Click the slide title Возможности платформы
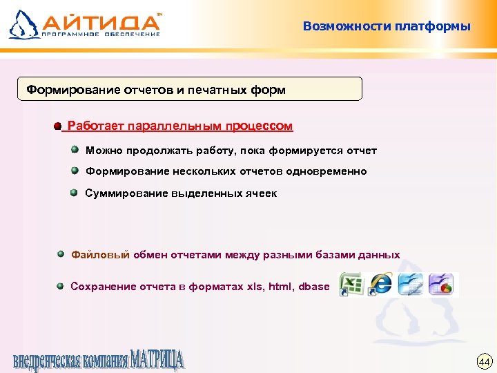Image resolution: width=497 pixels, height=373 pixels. (x=387, y=27)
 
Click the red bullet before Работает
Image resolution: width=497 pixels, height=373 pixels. (x=57, y=126)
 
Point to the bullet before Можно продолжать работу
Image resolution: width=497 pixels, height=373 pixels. (x=74, y=149)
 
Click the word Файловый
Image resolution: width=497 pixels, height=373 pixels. (x=101, y=254)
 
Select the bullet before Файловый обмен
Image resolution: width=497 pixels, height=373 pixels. (x=61, y=254)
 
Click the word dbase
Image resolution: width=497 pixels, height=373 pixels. (x=315, y=286)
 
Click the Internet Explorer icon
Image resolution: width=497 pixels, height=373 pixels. (x=380, y=284)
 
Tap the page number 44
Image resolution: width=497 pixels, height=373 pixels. (x=484, y=361)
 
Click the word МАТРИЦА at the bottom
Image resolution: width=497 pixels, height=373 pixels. (x=157, y=360)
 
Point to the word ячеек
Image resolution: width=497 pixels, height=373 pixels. (x=262, y=193)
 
